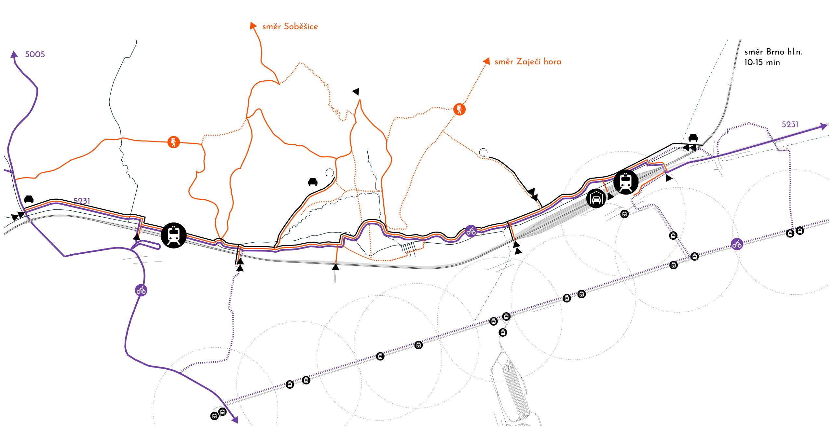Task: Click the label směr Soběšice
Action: point(290,26)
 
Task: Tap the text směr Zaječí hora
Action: point(528,61)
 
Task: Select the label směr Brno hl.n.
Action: point(773,52)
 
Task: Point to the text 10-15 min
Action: point(762,62)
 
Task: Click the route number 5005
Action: point(35,54)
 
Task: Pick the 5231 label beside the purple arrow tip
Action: point(790,124)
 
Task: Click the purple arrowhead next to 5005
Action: point(14,54)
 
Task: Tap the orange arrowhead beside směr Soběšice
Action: point(253,26)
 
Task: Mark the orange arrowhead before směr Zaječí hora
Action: point(486,61)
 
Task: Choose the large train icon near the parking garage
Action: point(626,182)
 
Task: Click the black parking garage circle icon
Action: point(596,198)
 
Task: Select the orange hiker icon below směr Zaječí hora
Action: point(459,109)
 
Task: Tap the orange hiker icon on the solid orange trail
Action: point(173,142)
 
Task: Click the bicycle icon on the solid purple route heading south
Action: point(141,290)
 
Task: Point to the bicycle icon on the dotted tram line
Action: point(737,244)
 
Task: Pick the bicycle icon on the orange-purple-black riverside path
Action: point(471,231)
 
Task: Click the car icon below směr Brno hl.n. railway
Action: point(693,138)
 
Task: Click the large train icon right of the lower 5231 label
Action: point(174,235)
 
